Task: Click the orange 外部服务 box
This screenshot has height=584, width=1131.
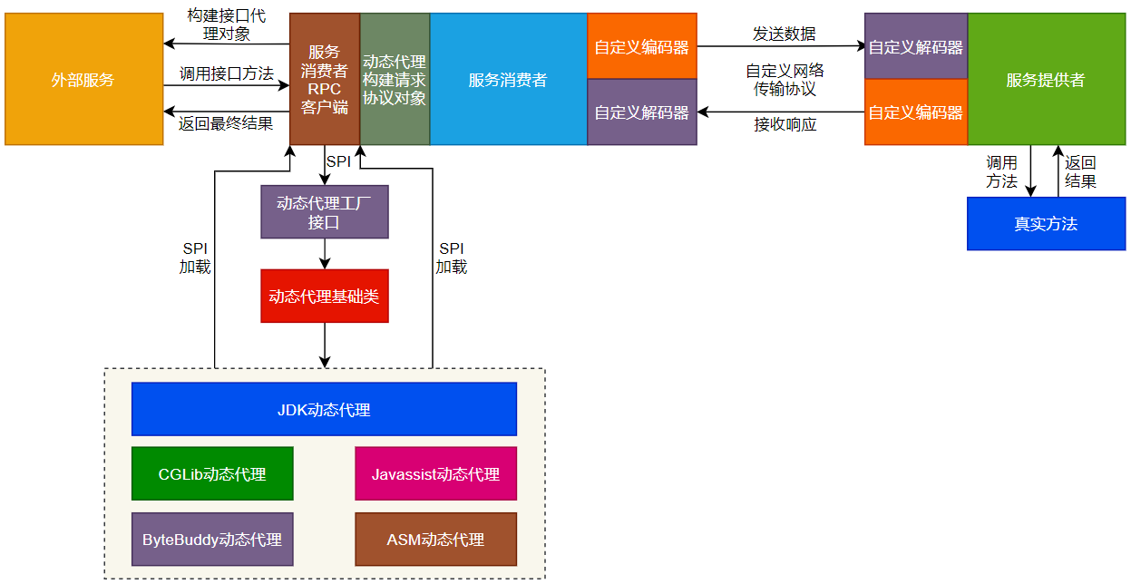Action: pyautogui.click(x=83, y=80)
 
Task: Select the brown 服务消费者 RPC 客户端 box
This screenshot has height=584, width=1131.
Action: pyautogui.click(x=325, y=80)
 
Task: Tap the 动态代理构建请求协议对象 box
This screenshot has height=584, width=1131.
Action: pyautogui.click(x=395, y=80)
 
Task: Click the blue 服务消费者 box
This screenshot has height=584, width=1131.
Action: pyautogui.click(x=508, y=80)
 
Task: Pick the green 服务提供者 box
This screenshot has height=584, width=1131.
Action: pyautogui.click(x=1046, y=80)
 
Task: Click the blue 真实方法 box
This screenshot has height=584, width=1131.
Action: pyautogui.click(x=1046, y=224)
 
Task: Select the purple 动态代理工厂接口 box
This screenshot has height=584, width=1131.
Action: pyautogui.click(x=325, y=212)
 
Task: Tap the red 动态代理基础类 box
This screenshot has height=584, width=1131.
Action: pyautogui.click(x=325, y=296)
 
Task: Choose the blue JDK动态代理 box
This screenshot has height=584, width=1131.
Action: pyautogui.click(x=324, y=409)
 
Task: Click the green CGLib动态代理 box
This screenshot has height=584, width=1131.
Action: pyautogui.click(x=212, y=473)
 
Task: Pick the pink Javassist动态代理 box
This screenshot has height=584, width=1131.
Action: pyautogui.click(x=435, y=473)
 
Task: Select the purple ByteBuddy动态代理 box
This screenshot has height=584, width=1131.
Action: pyautogui.click(x=212, y=539)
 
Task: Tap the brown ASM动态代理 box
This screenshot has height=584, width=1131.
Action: pyautogui.click(x=435, y=539)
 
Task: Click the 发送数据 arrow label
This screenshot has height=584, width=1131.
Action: pyautogui.click(x=784, y=34)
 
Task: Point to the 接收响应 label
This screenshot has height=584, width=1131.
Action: pyautogui.click(x=785, y=124)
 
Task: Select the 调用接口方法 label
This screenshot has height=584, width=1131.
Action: pyautogui.click(x=226, y=73)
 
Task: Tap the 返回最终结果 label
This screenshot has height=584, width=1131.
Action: pyautogui.click(x=226, y=123)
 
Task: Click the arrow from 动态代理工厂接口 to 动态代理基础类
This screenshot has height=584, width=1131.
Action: pyautogui.click(x=325, y=254)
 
